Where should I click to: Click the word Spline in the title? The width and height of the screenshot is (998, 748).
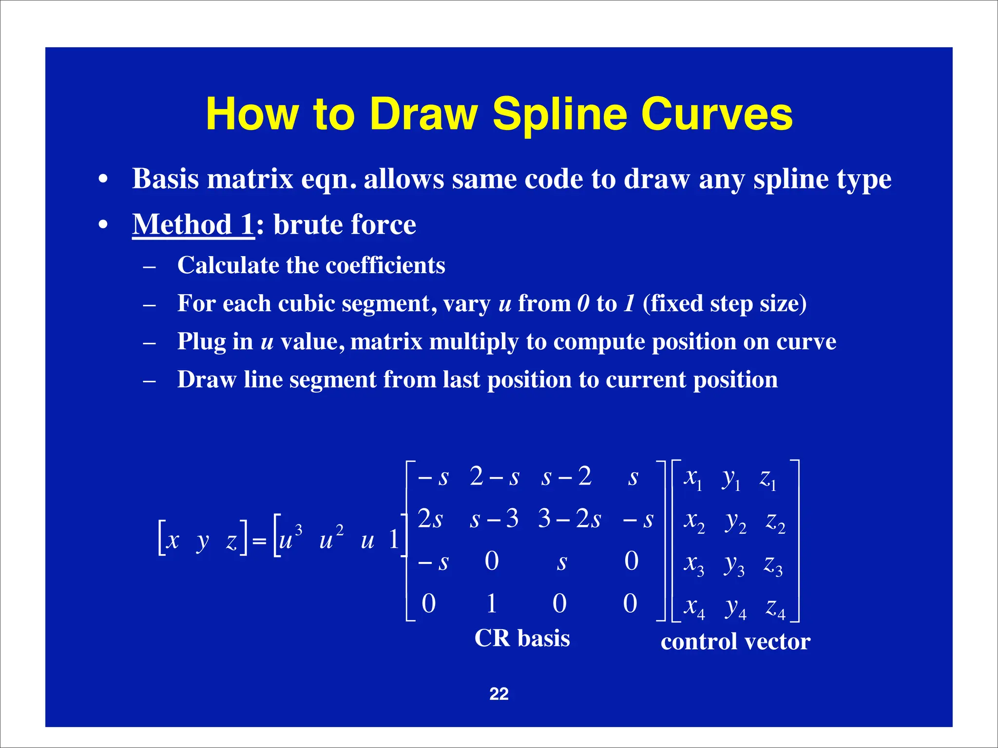coord(559,115)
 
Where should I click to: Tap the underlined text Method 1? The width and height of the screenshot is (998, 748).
coord(193,224)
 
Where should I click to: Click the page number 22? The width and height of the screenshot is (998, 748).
coord(499,693)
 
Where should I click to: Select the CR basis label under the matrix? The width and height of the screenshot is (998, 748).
coord(522,638)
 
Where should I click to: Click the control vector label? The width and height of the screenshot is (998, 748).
coord(735,641)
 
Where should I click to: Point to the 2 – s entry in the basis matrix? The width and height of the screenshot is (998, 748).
coord(495,476)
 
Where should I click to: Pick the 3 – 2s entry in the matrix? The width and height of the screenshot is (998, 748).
coord(569,519)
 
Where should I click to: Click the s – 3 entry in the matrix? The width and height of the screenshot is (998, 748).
coord(494,519)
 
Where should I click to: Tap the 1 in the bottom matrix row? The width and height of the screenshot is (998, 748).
coord(492,603)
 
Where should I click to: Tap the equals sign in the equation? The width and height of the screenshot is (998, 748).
coord(259,541)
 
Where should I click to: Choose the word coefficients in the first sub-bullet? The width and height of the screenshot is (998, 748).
coord(385,265)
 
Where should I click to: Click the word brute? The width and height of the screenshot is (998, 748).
coord(307,224)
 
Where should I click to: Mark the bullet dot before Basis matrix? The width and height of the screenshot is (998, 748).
coord(102,180)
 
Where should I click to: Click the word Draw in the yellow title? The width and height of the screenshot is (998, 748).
coord(423,115)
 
